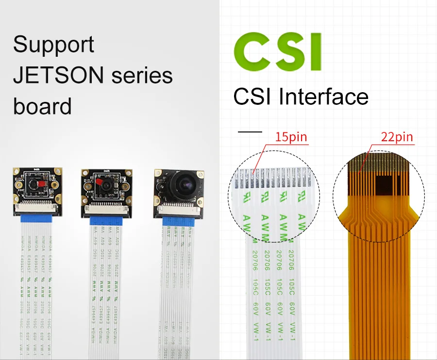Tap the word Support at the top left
53,45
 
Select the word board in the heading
42,106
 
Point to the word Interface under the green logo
323,97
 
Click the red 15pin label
291,137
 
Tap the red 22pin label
397,137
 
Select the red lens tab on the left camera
40,185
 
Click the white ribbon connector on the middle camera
106,207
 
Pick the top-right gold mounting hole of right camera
199,174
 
